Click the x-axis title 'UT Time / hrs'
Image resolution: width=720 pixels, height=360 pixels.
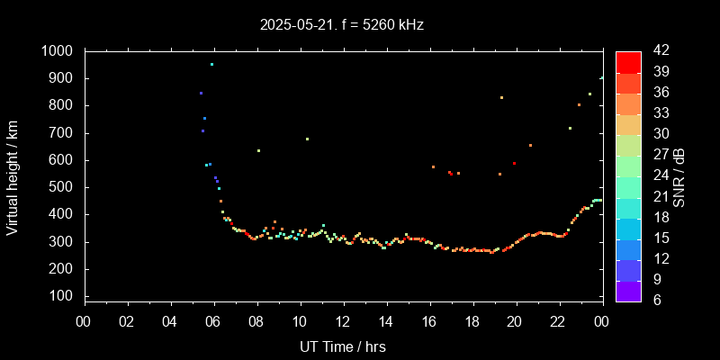click(343, 346)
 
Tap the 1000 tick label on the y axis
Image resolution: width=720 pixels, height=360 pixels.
click(59, 51)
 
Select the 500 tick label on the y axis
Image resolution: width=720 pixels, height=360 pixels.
click(64, 187)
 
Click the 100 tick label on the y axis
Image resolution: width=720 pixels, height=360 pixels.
click(64, 296)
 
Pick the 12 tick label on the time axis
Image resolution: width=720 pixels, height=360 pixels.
click(343, 320)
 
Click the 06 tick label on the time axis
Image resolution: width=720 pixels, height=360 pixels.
click(213, 320)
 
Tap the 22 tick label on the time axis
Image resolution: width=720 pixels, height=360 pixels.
click(559, 320)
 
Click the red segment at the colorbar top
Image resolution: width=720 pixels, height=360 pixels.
click(628, 61)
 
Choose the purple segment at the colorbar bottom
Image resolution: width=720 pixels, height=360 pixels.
click(628, 291)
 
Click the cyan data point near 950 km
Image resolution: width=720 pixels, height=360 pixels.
click(211, 65)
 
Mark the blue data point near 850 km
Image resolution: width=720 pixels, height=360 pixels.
click(201, 93)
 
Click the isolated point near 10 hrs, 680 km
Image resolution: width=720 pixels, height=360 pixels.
click(307, 139)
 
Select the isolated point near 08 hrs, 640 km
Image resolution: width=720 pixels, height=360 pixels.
click(258, 150)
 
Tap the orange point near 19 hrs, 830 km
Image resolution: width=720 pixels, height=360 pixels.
click(501, 97)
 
